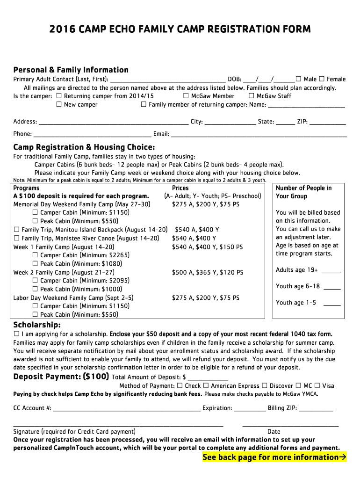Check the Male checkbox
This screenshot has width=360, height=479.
(299, 79)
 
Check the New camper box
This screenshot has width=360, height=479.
(59, 105)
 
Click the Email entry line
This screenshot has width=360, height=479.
(259, 134)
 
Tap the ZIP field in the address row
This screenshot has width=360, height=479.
(328, 122)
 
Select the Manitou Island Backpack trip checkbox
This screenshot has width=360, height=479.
(17, 230)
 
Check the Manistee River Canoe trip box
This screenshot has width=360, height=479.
(17, 238)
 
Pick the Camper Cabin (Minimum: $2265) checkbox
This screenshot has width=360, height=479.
(36, 255)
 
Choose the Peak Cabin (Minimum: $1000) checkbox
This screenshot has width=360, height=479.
(36, 290)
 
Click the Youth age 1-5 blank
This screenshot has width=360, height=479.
(332, 303)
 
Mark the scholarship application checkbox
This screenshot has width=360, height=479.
(17, 334)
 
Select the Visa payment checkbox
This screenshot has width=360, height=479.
(317, 386)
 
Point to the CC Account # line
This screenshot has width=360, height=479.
(127, 408)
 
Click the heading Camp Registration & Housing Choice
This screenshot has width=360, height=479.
(84, 147)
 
